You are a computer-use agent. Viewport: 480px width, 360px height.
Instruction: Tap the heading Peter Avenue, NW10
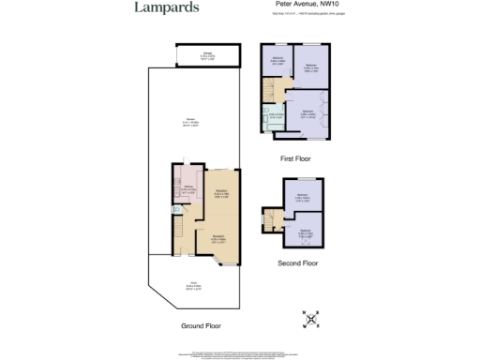coord(313,6)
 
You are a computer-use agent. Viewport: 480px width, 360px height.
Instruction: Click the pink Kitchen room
coord(187,187)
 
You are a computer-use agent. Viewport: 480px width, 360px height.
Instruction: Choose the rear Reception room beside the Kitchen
coord(221,195)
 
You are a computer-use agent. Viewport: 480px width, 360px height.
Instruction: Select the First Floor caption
coord(295,159)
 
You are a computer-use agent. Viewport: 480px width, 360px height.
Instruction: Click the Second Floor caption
coord(299,263)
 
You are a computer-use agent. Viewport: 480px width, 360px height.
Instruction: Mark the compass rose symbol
coord(311,321)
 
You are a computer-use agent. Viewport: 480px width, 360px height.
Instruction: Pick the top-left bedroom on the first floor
coord(278,63)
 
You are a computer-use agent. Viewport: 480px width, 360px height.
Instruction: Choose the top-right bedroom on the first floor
coord(312,67)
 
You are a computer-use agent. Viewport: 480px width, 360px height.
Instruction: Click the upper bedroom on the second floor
coord(302,197)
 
